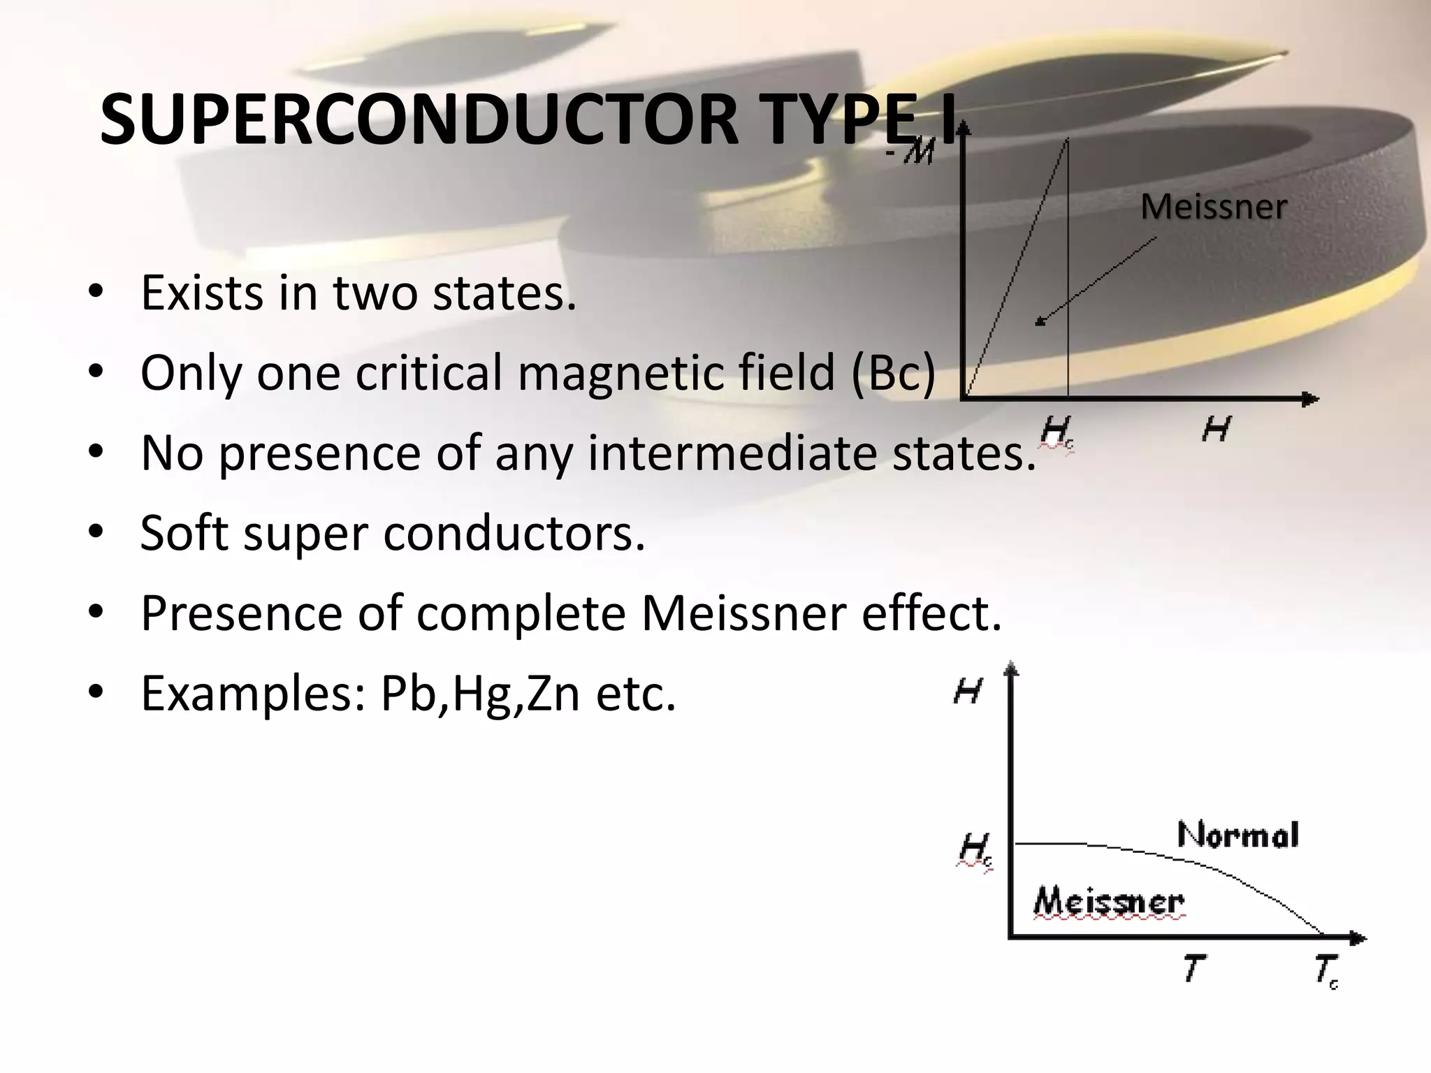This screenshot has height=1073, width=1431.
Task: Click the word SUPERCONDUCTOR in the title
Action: point(419,120)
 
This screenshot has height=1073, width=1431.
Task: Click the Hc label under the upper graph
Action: point(1055,432)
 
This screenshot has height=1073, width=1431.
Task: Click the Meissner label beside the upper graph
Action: point(1213,207)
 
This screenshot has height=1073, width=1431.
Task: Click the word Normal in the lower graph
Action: point(1237,835)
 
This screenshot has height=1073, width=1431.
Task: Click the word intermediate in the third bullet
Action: point(734,453)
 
